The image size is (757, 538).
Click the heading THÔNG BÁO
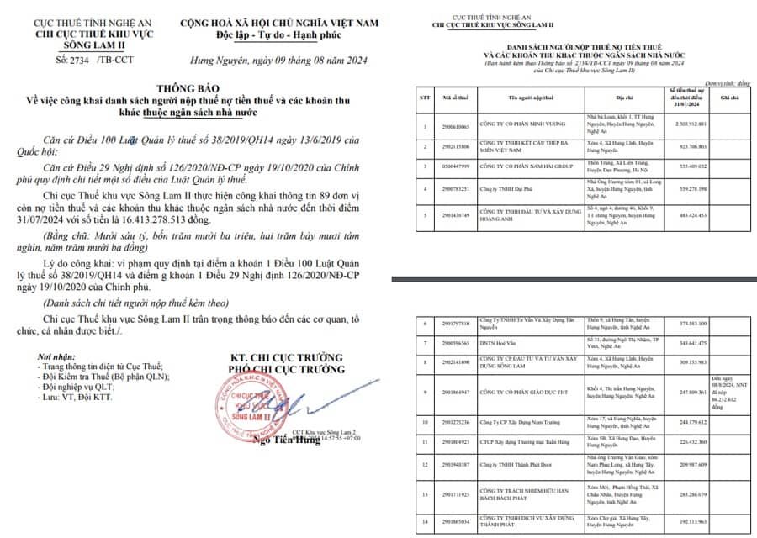[189, 87]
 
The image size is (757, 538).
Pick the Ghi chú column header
[729, 98]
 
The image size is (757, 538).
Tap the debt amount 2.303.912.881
[686, 124]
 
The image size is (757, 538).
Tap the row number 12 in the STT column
[425, 464]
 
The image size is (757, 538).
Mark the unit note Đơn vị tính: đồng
[728, 84]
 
